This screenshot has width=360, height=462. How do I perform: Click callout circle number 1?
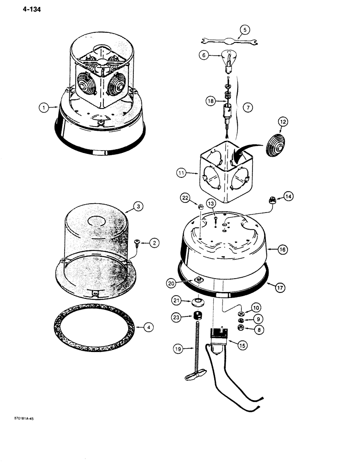[44, 108]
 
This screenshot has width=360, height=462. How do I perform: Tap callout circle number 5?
[244, 30]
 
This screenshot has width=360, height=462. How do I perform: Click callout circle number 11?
[181, 174]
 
